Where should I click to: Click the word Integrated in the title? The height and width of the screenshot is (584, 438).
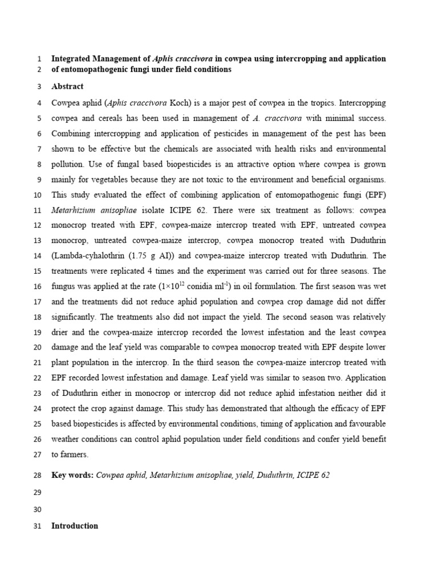point(72,59)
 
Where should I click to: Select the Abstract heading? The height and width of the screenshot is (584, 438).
point(67,87)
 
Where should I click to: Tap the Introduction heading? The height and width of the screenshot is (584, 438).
point(75,526)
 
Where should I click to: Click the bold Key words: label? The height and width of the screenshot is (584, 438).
point(72,475)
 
